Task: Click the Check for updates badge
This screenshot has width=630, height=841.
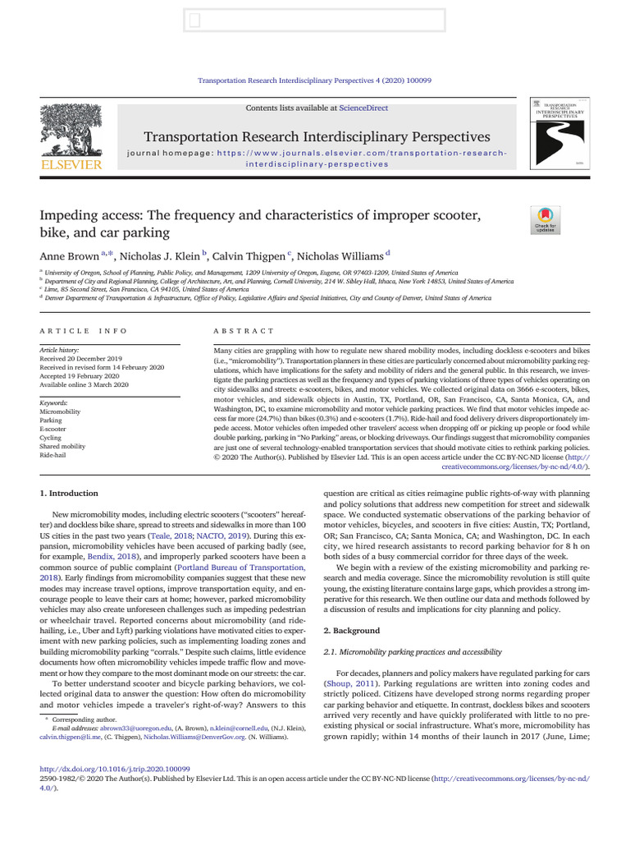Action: [545, 218]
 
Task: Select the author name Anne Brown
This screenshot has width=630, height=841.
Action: [69, 256]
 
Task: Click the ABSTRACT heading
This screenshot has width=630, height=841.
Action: [244, 331]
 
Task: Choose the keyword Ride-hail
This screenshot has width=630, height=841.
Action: [54, 455]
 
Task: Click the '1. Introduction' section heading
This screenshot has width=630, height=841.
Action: [69, 493]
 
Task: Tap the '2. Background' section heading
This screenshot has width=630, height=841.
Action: [352, 631]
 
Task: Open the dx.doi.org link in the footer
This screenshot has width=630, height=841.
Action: [115, 770]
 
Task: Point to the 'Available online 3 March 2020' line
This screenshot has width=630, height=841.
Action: [84, 384]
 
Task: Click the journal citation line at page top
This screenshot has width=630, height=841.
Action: [316, 80]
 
